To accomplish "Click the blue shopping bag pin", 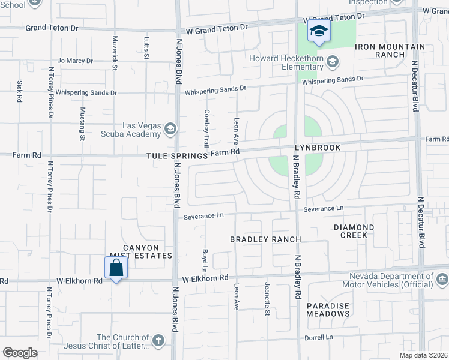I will (116, 268).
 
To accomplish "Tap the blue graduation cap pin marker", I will (319, 31).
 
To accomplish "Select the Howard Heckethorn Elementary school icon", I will (333, 62).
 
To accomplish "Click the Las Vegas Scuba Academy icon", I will (170, 130).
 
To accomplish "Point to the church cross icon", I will (158, 341).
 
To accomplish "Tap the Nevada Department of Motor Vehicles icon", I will (442, 280).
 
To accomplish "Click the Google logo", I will (20, 353).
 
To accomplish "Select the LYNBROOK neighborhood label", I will (318, 148).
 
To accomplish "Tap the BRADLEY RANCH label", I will (265, 239).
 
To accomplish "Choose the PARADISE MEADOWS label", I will (328, 310).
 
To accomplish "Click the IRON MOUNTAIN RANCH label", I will (390, 50).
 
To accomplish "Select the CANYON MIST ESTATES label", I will (141, 251).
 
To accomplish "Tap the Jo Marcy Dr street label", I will (75, 61).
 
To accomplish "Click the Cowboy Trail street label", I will (206, 128).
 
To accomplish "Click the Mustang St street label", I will (82, 124).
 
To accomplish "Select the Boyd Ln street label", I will (205, 258).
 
